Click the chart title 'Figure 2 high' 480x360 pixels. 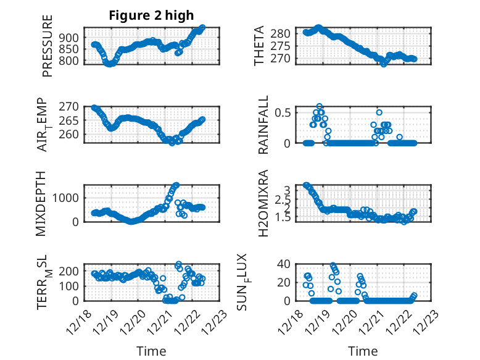(152, 15)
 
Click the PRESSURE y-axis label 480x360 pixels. (48, 46)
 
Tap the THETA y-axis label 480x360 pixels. (260, 46)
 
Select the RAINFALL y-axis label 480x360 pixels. (263, 125)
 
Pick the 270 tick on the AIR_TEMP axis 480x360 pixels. (71, 107)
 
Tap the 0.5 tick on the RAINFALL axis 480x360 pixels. (283, 112)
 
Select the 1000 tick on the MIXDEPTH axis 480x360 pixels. (68, 198)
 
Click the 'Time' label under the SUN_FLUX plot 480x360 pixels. (363, 351)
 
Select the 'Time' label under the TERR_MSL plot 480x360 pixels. (151, 351)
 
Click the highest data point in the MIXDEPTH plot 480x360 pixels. (176, 185)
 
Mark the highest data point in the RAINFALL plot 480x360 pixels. (320, 107)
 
